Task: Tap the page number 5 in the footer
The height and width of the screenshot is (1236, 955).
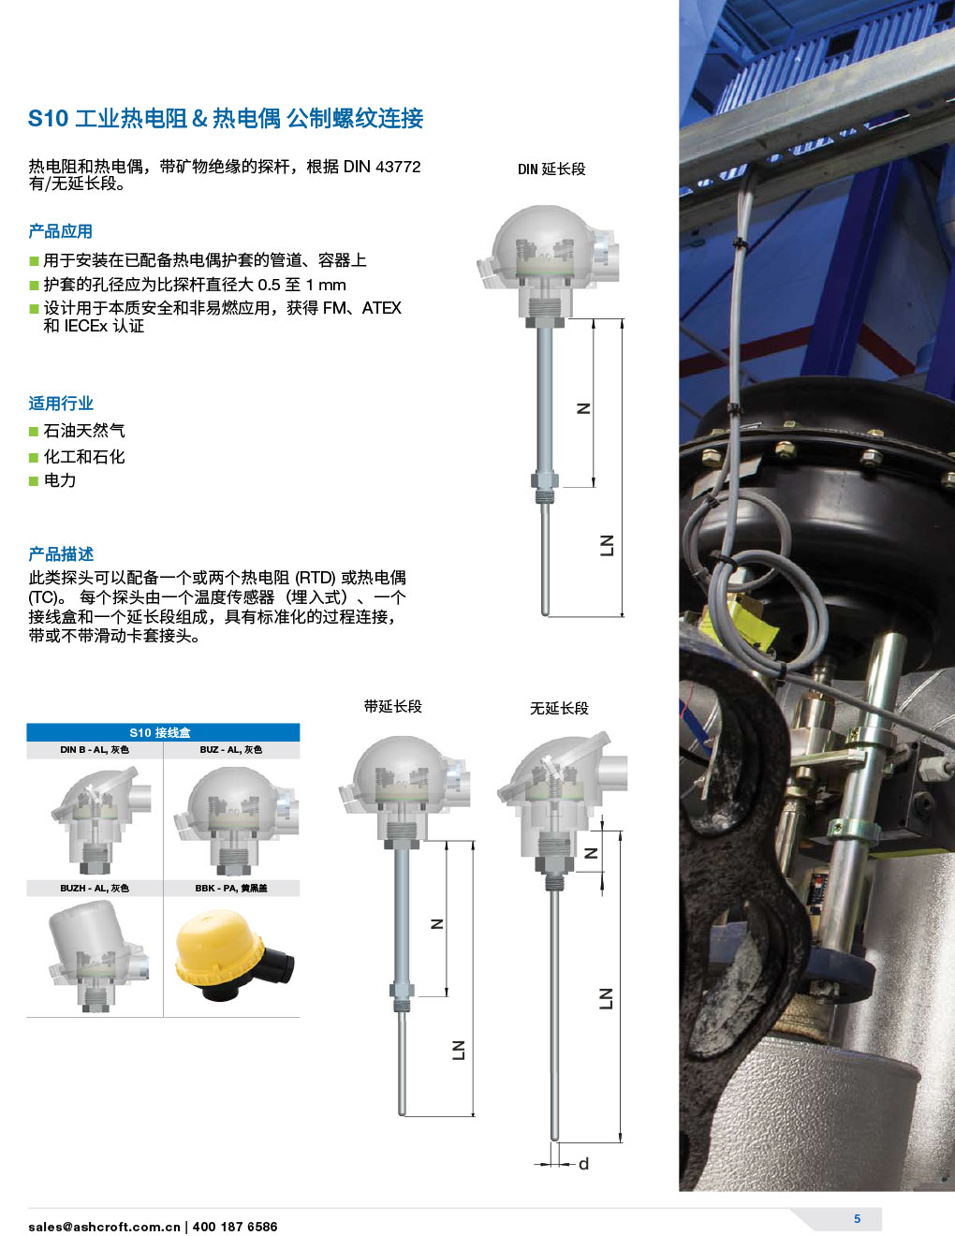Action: [857, 1218]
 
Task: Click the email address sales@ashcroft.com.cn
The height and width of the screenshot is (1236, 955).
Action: [104, 1227]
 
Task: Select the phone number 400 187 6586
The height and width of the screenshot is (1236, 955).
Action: [235, 1227]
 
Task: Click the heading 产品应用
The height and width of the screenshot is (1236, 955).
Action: [60, 231]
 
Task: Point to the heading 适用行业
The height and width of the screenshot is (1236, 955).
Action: [61, 404]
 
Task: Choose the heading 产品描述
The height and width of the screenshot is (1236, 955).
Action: [61, 554]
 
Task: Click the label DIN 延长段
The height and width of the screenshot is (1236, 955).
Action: [551, 169]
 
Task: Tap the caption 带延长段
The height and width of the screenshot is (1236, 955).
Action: [393, 706]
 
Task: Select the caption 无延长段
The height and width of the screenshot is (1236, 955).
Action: [559, 708]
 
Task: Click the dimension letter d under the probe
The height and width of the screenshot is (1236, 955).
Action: [583, 1164]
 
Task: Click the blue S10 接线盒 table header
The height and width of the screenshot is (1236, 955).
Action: [163, 732]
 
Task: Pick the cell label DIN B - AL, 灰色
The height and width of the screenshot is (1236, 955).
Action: [95, 750]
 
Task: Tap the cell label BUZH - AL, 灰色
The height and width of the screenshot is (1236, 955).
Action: [95, 888]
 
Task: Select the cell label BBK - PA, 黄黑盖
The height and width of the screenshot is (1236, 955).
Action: [231, 888]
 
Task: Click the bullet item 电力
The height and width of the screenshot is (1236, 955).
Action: [60, 480]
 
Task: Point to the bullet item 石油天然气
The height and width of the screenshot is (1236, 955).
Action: [84, 431]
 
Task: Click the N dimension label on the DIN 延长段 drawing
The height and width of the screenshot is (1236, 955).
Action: [583, 408]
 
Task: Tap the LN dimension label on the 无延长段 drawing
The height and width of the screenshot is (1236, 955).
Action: [606, 998]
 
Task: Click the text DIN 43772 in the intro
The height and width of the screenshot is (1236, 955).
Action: [382, 167]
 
